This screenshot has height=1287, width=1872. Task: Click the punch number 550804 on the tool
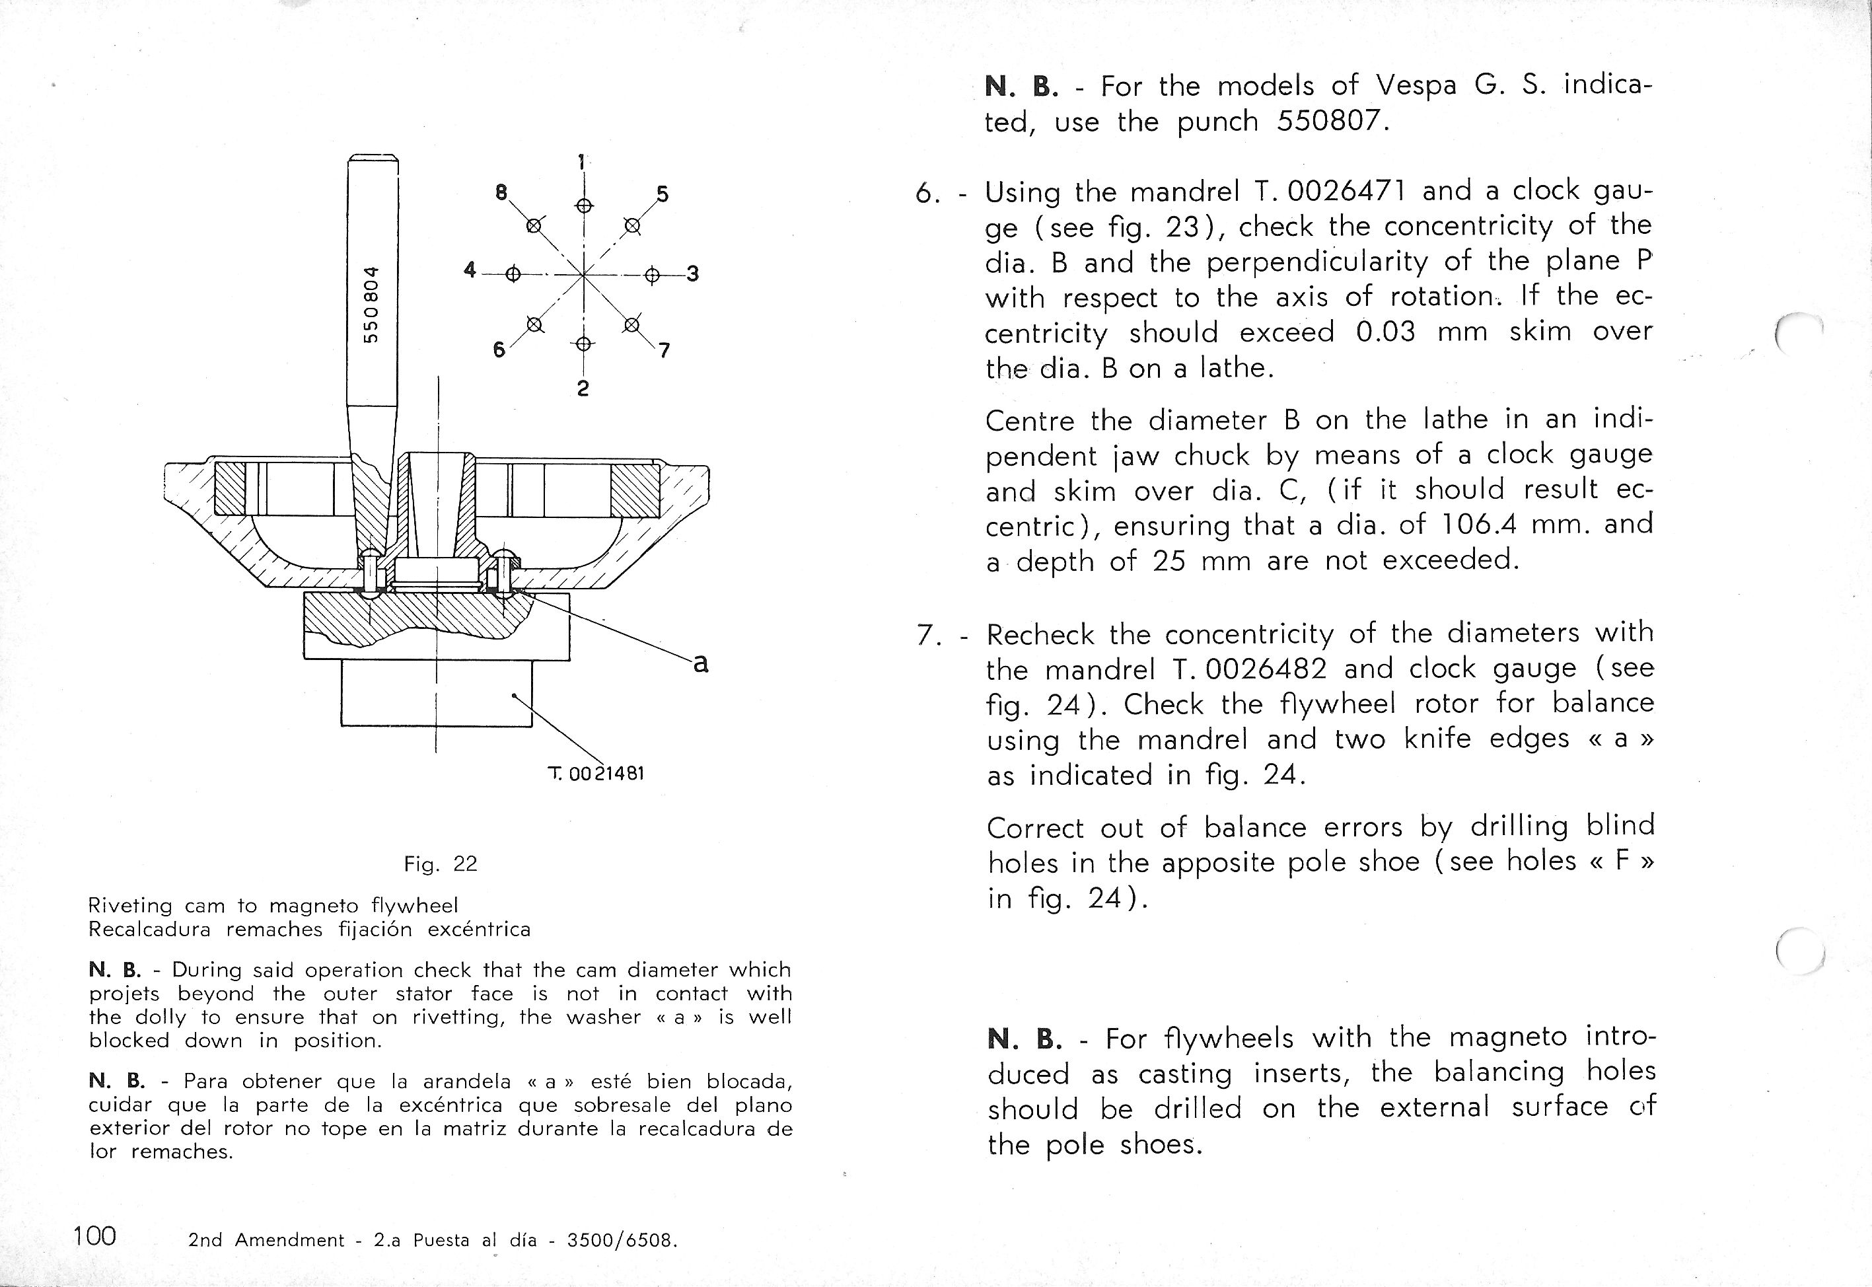370,304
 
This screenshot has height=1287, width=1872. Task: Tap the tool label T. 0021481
596,774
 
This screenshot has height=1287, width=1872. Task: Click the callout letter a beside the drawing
701,663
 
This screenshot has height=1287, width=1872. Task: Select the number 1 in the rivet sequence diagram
581,161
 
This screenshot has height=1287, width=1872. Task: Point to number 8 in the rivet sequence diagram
501,193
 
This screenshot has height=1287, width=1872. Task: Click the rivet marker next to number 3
652,275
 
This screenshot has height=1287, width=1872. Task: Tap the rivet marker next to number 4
513,274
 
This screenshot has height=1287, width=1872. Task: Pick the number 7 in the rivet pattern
665,351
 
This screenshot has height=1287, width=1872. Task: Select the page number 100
94,1235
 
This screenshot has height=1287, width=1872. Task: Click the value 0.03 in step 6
1385,332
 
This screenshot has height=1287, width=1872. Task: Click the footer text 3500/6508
621,1240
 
